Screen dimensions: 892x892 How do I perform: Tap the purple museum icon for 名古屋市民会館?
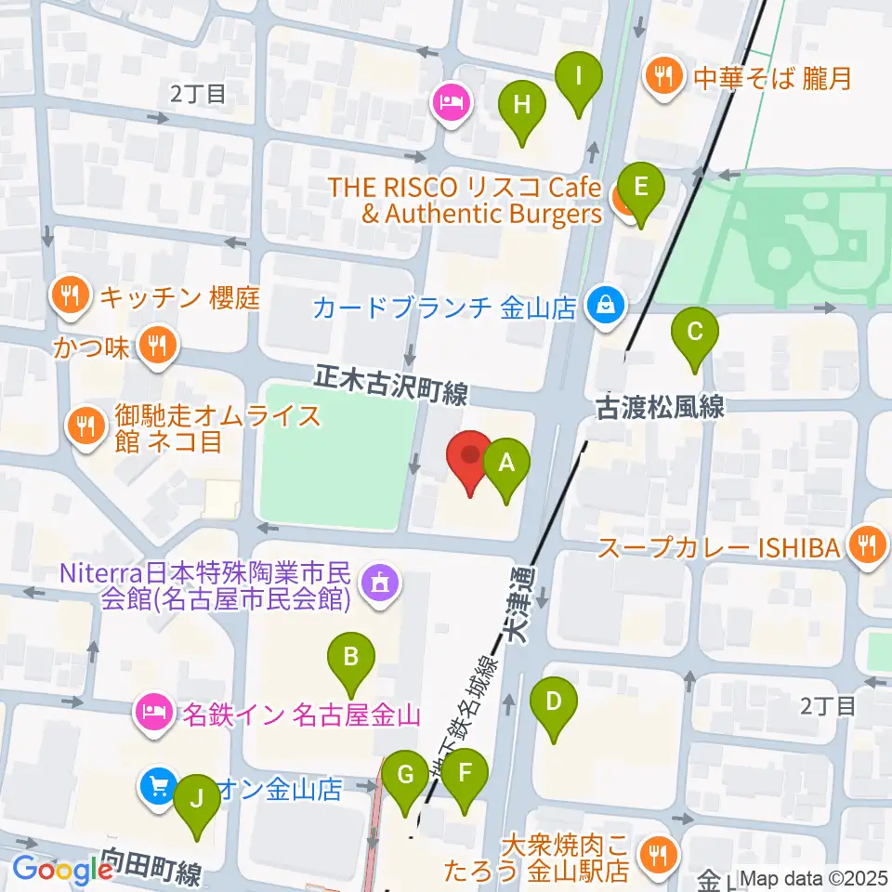[x=379, y=584]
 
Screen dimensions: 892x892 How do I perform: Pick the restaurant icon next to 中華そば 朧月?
[x=662, y=75]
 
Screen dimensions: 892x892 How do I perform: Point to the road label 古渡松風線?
[x=659, y=408]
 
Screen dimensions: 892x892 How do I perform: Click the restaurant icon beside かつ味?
[x=154, y=346]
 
